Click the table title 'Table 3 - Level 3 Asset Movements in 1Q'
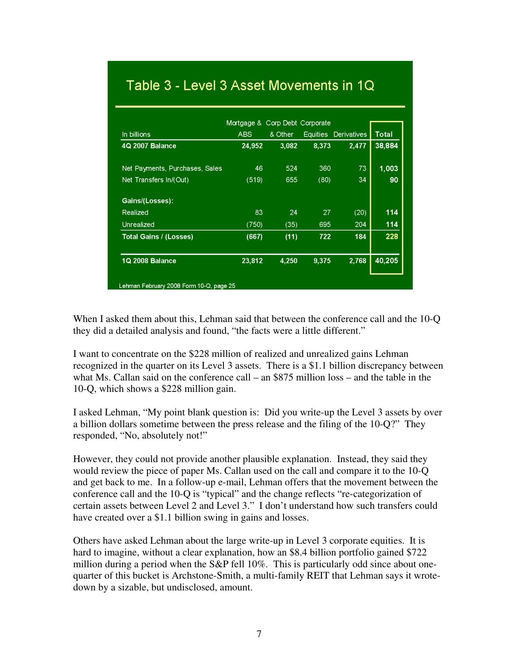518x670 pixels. (x=250, y=86)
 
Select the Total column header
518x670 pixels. (x=384, y=134)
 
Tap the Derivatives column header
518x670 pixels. (x=350, y=134)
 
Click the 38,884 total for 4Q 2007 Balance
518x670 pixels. (x=386, y=146)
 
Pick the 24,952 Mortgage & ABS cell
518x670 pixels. (x=252, y=146)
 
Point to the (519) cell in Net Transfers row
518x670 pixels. (x=254, y=180)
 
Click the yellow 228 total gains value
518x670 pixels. (x=392, y=237)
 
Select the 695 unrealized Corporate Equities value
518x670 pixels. (x=325, y=225)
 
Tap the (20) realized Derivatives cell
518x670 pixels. (x=360, y=212)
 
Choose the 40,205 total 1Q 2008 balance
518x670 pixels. (x=386, y=261)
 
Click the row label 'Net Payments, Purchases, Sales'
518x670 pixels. (x=172, y=169)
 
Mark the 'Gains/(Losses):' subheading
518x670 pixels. (x=147, y=201)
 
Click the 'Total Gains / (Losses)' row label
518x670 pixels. (x=157, y=237)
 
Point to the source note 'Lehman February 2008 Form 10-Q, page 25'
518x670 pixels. (x=177, y=286)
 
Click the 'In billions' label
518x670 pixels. (x=136, y=134)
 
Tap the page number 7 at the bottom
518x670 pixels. (x=259, y=634)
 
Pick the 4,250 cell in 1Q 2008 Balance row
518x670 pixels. (x=288, y=261)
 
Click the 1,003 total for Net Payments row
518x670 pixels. (x=388, y=169)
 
